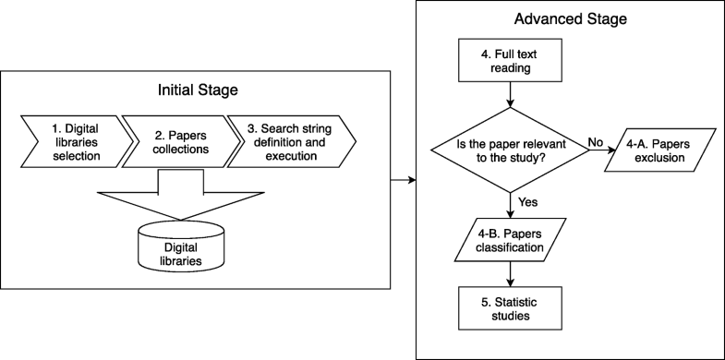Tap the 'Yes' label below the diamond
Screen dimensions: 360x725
[529, 199]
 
